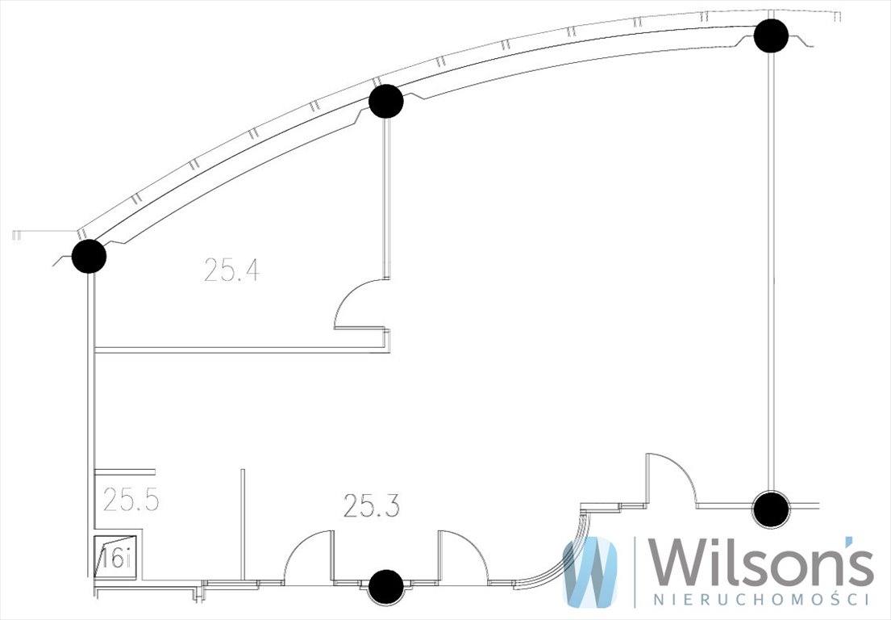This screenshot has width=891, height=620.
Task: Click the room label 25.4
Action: (x=232, y=270)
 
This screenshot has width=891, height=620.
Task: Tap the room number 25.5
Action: (x=131, y=500)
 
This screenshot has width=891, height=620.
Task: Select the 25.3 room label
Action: (x=372, y=505)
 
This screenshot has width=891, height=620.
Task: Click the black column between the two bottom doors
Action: (x=386, y=585)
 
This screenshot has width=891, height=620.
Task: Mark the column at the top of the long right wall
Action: (x=771, y=36)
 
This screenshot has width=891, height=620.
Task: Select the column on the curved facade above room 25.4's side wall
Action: (x=386, y=101)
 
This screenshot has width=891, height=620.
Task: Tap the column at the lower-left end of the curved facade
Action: (x=90, y=257)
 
